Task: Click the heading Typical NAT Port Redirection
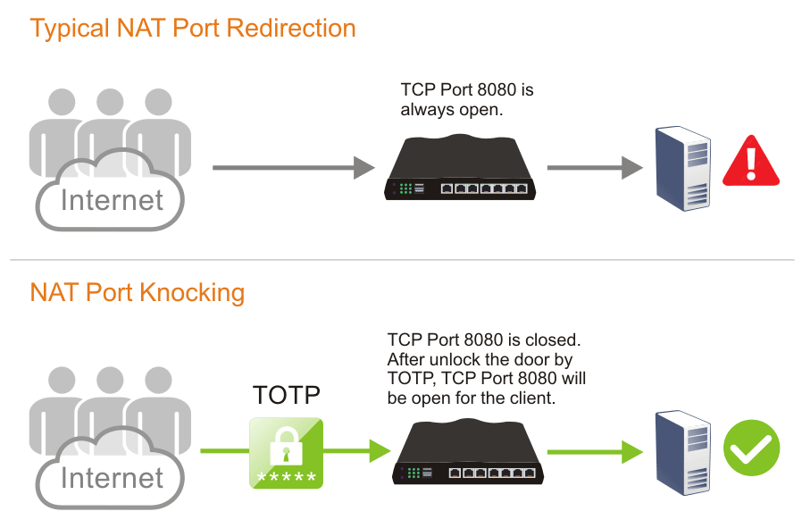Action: coord(193,28)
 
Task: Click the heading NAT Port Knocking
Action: coord(138,292)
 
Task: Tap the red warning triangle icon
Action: coord(751,162)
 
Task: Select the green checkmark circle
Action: coord(751,447)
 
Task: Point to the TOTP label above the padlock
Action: coord(286,396)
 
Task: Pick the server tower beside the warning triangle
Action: coord(683,168)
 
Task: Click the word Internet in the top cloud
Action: coord(112,199)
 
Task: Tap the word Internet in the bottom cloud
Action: coord(112,478)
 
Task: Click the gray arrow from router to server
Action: coord(595,167)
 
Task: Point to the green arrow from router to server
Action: coord(595,451)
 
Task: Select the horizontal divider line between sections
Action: coord(401,260)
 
